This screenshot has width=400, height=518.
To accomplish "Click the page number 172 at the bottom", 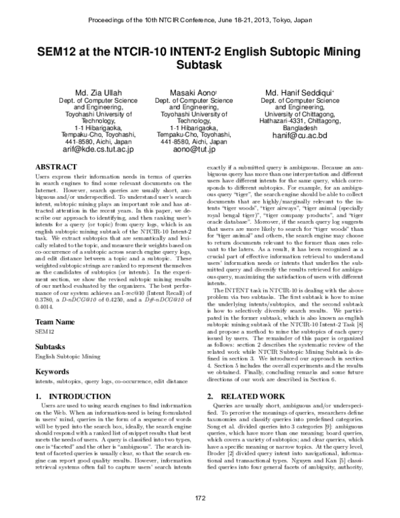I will coord(200,499).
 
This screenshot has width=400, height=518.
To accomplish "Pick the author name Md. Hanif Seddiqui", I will coord(291,91).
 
